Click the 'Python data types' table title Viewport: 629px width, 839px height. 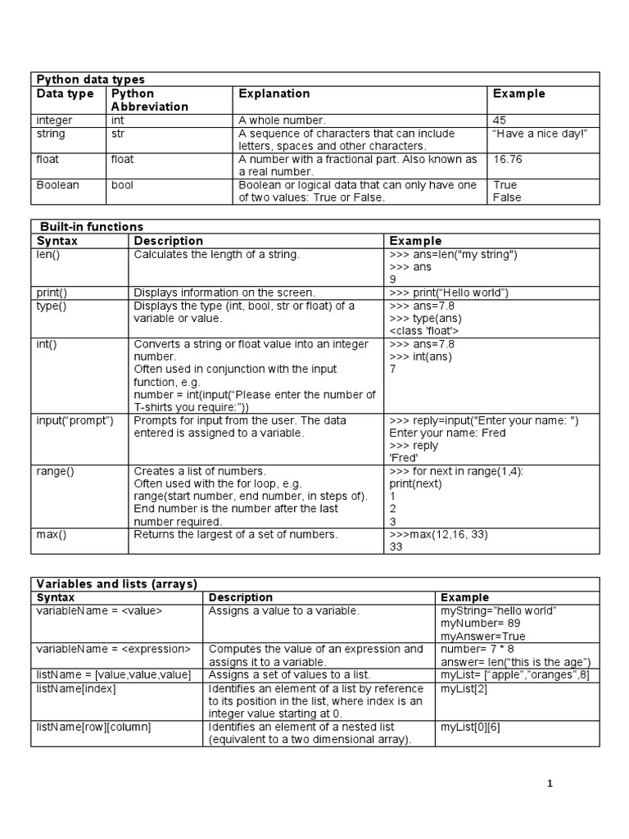tap(90, 79)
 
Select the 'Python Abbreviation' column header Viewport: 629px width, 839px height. tap(149, 100)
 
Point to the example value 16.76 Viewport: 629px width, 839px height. tap(508, 159)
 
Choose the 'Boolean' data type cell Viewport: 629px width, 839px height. tap(57, 185)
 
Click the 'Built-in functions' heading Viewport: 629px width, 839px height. tap(91, 227)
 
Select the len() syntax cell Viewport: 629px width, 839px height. tap(47, 255)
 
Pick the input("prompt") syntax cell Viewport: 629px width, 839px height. tap(75, 420)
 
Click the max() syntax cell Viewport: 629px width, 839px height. tap(51, 535)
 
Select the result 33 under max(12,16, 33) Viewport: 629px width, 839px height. tap(396, 548)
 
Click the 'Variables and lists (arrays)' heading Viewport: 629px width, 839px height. tap(116, 584)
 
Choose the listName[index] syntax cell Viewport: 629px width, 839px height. tap(76, 688)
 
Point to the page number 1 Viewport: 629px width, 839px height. tap(550, 784)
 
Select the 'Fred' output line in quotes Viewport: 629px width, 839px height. tap(404, 458)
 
